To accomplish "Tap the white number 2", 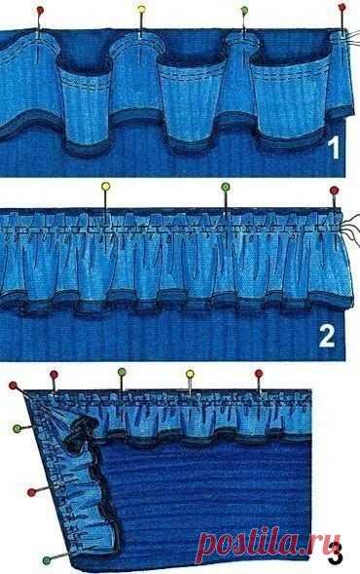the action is [327, 336].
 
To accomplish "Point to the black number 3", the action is [335, 555].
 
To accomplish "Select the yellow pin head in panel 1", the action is [141, 9].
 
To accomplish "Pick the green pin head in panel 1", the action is [244, 11].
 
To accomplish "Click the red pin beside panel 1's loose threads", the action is [342, 8].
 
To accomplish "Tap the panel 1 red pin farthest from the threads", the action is [40, 11].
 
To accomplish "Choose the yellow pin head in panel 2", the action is [105, 187].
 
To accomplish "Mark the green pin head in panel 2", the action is [226, 188].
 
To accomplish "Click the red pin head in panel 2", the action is [334, 191].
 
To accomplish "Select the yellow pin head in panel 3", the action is [190, 374].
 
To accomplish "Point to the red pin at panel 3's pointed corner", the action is [14, 385].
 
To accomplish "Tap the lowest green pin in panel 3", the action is [47, 560].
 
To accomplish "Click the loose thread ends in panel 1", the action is [352, 37].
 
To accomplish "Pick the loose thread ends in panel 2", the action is [351, 228].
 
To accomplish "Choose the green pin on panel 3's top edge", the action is [122, 373].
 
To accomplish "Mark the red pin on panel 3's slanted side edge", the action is [31, 492].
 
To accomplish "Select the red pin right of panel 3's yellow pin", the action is [259, 374].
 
